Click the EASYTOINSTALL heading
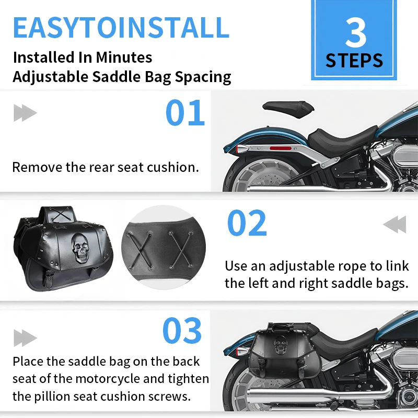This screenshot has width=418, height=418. [x=121, y=28]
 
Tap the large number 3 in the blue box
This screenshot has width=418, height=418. [x=356, y=32]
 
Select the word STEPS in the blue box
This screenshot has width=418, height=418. [x=354, y=61]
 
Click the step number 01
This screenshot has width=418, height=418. [x=185, y=112]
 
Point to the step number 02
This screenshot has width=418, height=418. [x=247, y=223]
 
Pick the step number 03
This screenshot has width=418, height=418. [x=182, y=331]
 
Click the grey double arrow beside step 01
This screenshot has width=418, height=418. [x=25, y=113]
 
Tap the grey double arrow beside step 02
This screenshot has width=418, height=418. [x=395, y=225]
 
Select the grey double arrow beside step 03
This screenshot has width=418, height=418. [x=25, y=338]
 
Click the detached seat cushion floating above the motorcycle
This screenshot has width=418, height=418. [x=288, y=109]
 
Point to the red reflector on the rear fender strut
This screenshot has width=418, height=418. [x=281, y=148]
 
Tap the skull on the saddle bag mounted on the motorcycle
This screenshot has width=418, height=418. [x=281, y=345]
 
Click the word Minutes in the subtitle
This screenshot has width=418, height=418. [x=124, y=57]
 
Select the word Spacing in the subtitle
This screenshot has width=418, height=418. [x=203, y=77]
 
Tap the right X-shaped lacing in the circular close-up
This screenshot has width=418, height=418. [x=181, y=249]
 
